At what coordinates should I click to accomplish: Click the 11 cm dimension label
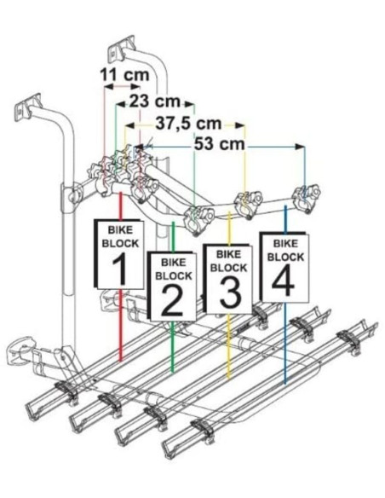coord(124,75)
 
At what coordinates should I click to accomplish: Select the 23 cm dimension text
coord(154,101)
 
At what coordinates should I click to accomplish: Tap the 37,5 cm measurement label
coord(188,124)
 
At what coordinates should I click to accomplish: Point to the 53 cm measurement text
coord(220,144)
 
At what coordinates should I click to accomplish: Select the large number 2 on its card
coord(172,300)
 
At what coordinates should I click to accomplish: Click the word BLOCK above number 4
coord(285,257)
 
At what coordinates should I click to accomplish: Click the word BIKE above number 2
coord(173,263)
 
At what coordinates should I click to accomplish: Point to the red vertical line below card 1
coord(120,325)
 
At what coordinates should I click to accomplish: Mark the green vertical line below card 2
coord(173,346)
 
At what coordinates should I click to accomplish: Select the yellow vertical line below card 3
coord(229,345)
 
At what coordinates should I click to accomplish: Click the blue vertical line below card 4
coord(285,343)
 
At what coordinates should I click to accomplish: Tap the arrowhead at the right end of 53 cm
coord(300,147)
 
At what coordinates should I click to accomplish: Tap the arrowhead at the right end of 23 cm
coord(190,104)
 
